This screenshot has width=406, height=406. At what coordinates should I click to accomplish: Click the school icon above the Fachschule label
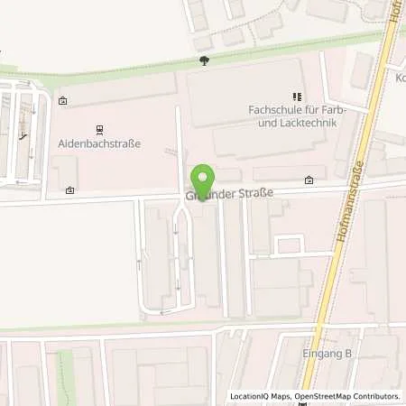tap(295, 96)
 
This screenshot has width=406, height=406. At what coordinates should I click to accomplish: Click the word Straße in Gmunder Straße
tap(255, 192)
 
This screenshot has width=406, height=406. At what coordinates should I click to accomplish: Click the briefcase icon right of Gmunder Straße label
tap(309, 180)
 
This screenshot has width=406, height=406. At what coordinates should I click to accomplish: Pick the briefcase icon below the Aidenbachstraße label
tap(69, 190)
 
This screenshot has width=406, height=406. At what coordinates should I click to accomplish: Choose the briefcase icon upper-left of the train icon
tap(62, 102)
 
